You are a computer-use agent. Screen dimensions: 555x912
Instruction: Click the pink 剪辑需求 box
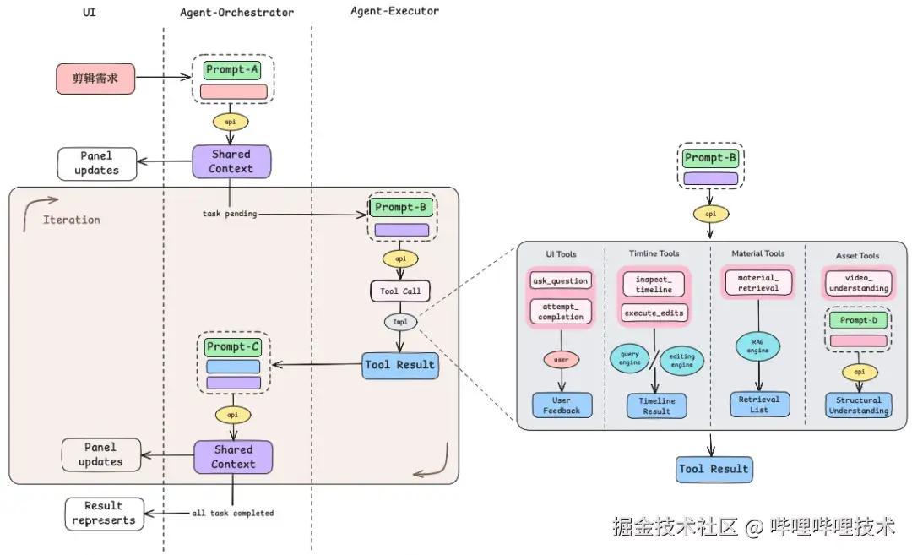(x=95, y=79)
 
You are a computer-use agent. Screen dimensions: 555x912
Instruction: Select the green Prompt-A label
(x=232, y=70)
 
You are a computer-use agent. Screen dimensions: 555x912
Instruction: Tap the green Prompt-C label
(x=232, y=346)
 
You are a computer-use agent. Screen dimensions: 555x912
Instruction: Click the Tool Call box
(x=400, y=291)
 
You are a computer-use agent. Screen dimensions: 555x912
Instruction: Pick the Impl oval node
(x=400, y=322)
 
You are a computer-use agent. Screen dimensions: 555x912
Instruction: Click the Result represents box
(x=104, y=514)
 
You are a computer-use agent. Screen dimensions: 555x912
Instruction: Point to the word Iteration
(x=72, y=220)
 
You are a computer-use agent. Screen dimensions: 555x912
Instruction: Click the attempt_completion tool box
(x=561, y=311)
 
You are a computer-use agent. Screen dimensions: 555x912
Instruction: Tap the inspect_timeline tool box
(x=654, y=284)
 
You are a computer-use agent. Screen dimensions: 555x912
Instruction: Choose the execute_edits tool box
(x=654, y=313)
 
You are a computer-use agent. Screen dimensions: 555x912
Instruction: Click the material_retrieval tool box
(x=758, y=282)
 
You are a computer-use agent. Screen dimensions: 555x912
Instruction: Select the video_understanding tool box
(x=858, y=282)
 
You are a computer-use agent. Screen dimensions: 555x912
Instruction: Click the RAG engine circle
(x=757, y=346)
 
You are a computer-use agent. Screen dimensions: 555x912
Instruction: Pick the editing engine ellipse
(x=681, y=360)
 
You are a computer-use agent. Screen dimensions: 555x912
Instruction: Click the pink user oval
(x=561, y=360)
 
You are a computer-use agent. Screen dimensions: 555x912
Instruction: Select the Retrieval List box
(x=759, y=404)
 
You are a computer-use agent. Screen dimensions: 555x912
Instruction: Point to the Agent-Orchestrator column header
(x=237, y=13)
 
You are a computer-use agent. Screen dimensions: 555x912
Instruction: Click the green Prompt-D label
(x=858, y=321)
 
